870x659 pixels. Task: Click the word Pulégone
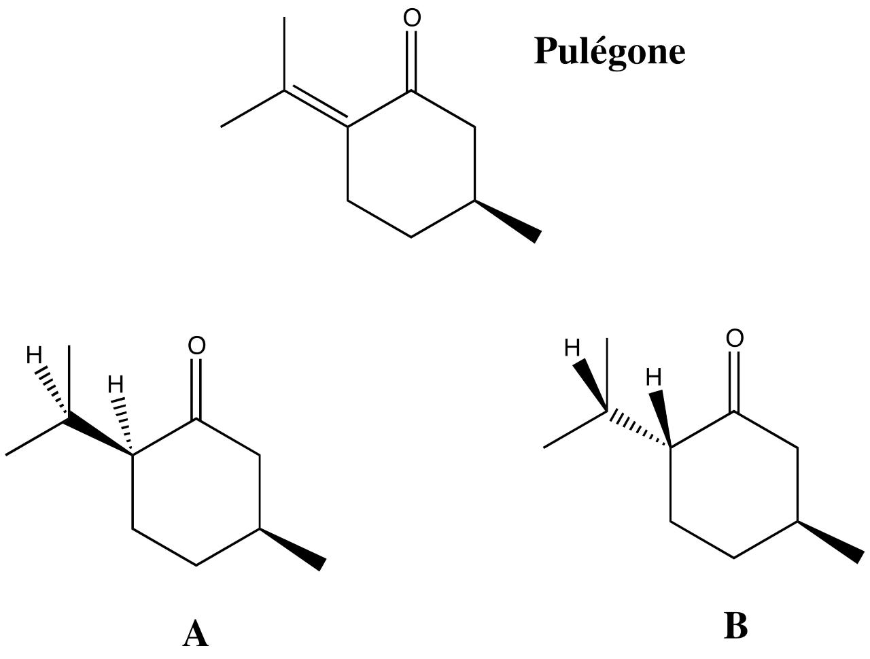tap(609, 52)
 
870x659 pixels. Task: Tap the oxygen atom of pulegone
tap(412, 18)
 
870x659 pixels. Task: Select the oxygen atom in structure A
tap(196, 346)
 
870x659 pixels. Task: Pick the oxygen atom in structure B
tap(735, 339)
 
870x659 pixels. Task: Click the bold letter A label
tap(195, 634)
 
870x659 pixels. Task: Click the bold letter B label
tap(735, 626)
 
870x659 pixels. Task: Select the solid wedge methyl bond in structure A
tap(294, 547)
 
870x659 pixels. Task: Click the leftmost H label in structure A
tap(34, 355)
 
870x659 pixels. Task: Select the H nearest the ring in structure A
tap(116, 386)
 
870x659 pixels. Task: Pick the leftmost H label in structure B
tap(572, 349)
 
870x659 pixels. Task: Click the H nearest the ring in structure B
tap(654, 377)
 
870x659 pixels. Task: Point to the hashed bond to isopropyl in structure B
tap(638, 429)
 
